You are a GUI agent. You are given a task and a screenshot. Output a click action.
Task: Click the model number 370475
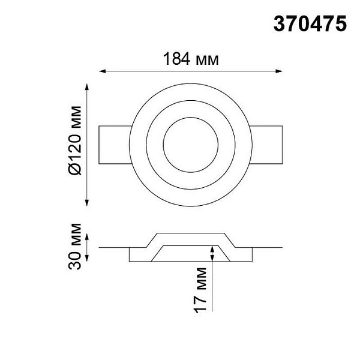[310, 23]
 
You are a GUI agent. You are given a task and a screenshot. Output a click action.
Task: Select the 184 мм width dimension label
[191, 59]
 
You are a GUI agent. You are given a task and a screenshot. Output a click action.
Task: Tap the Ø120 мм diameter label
[75, 140]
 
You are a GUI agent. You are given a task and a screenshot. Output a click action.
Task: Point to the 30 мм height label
[75, 246]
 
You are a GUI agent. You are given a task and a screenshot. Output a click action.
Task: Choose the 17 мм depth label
[200, 290]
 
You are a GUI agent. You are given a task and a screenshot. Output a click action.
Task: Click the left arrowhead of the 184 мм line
[103, 71]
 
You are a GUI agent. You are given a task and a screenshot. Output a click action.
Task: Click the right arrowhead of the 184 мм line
[279, 71]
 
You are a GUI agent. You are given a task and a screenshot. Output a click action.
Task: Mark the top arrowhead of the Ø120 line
[87, 87]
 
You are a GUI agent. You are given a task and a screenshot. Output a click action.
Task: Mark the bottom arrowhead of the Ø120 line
[87, 203]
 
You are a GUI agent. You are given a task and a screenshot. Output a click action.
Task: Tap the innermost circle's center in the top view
[191, 145]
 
